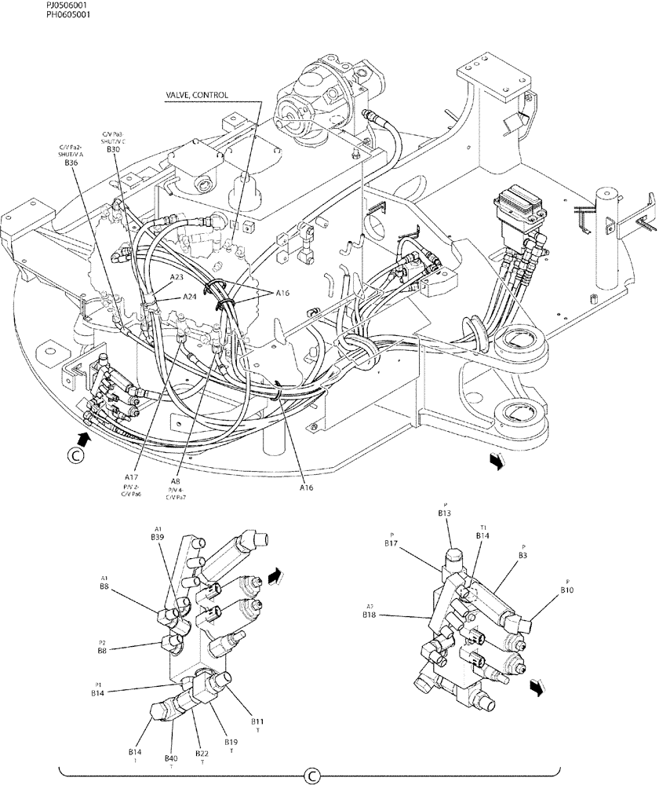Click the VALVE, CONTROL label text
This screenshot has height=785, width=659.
tap(197, 95)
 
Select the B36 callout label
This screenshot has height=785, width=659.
tap(71, 162)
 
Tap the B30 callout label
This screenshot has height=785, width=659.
tap(113, 149)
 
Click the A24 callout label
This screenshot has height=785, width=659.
tap(189, 297)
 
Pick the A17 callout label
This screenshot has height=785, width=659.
tap(131, 476)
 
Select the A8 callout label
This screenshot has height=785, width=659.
tap(176, 482)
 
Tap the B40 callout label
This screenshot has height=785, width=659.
tap(171, 758)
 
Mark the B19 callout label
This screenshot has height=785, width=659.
tap(231, 742)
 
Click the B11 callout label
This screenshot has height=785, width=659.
tap(257, 721)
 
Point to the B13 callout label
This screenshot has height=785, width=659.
tap(445, 513)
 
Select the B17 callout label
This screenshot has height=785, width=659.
tap(392, 542)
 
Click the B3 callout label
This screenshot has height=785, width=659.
tap(522, 554)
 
